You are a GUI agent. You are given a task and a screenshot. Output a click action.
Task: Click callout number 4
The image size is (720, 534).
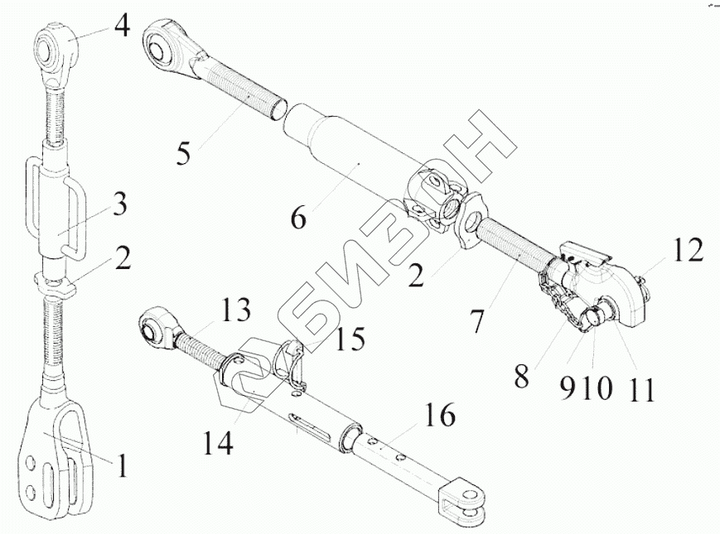click(121, 26)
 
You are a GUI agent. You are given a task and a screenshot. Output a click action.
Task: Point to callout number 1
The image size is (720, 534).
click(122, 467)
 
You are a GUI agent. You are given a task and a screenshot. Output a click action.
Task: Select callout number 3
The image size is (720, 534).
click(119, 204)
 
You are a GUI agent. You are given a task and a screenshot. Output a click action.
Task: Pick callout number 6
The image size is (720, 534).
click(298, 219)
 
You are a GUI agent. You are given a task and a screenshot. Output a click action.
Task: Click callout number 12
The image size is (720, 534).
click(688, 248)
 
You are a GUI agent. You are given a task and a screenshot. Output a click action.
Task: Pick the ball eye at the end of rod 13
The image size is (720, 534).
click(157, 325)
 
